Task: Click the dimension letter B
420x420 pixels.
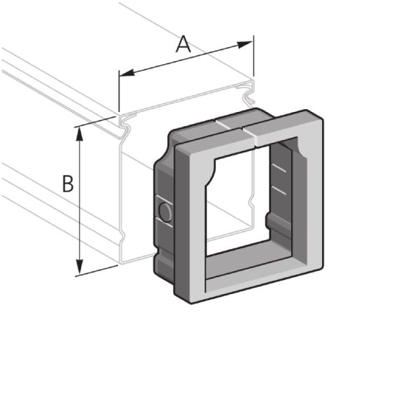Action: (x=68, y=184)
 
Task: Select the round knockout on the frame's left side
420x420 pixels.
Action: (x=165, y=212)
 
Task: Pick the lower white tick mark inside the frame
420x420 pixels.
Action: (x=279, y=190)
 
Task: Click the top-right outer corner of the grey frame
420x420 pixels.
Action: (x=323, y=114)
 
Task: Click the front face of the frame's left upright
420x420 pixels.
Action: (x=196, y=231)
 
